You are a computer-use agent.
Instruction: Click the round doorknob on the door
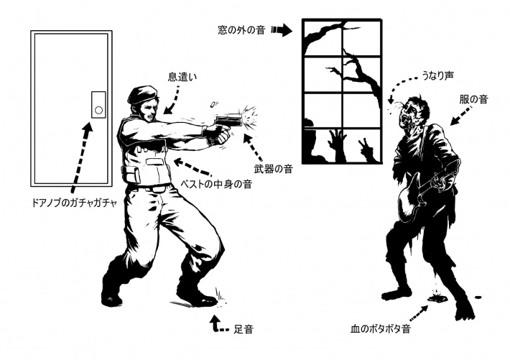[98, 110]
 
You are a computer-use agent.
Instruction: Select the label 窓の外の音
[241, 30]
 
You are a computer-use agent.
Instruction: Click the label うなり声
[437, 76]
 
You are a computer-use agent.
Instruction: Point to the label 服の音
[473, 99]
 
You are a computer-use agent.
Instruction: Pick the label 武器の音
[273, 169]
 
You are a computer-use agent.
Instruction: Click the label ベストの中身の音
[216, 184]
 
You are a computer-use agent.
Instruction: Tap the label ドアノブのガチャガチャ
[74, 203]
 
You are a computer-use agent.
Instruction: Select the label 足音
[243, 329]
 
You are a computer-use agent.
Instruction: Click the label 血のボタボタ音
[380, 329]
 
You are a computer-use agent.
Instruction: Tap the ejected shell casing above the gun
[213, 105]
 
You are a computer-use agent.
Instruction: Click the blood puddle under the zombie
[438, 297]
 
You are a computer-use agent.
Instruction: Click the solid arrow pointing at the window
[282, 30]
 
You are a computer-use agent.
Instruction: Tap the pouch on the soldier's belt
[131, 175]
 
